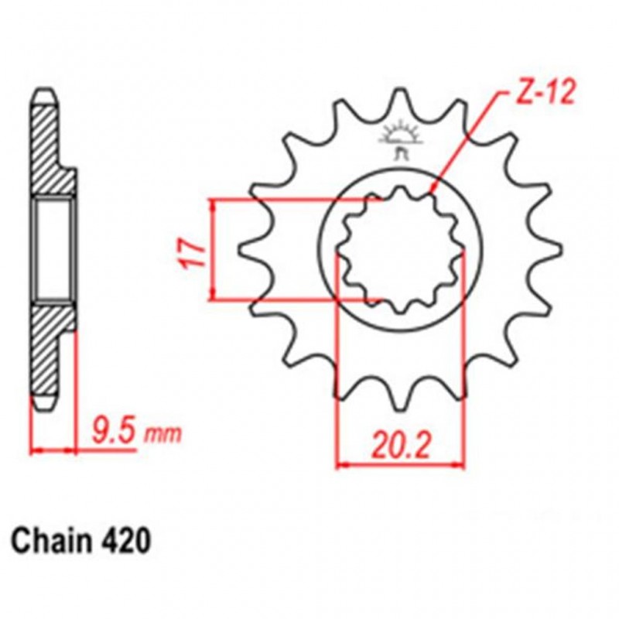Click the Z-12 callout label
[546, 94]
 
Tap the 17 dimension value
[195, 252]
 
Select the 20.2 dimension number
[400, 446]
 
